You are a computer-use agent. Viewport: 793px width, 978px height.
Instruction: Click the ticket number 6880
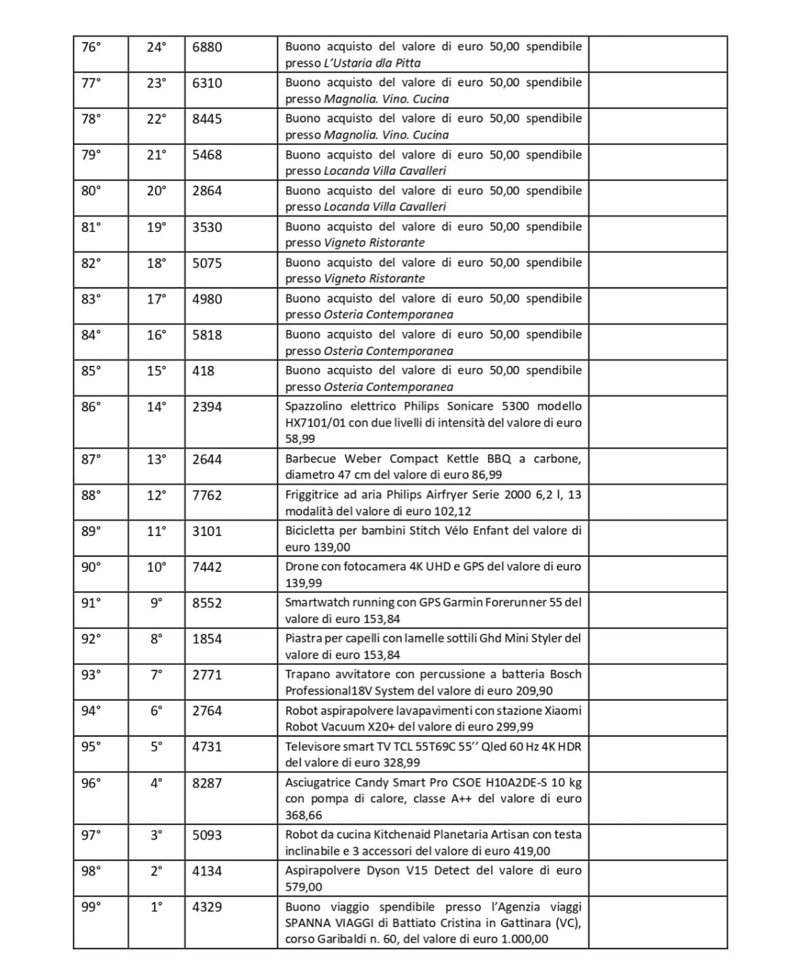pyautogui.click(x=207, y=47)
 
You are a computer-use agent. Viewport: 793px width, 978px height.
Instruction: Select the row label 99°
pyautogui.click(x=91, y=907)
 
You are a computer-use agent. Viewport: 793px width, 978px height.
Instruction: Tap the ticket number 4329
pyautogui.click(x=207, y=907)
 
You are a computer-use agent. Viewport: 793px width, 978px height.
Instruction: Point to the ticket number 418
pyautogui.click(x=203, y=371)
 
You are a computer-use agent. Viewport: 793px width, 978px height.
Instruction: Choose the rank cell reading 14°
pyautogui.click(x=156, y=407)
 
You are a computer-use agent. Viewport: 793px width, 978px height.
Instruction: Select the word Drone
pyautogui.click(x=301, y=567)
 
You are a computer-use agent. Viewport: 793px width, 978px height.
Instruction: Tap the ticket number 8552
pyautogui.click(x=207, y=603)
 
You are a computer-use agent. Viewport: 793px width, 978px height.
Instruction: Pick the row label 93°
pyautogui.click(x=91, y=674)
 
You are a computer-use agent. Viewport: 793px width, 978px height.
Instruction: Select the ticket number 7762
pyautogui.click(x=207, y=495)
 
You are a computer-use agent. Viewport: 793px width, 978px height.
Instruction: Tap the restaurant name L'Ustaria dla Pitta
pyautogui.click(x=372, y=64)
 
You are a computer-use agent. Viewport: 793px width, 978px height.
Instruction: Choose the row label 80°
pyautogui.click(x=91, y=190)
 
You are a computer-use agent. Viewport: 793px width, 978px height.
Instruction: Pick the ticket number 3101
pyautogui.click(x=207, y=531)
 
